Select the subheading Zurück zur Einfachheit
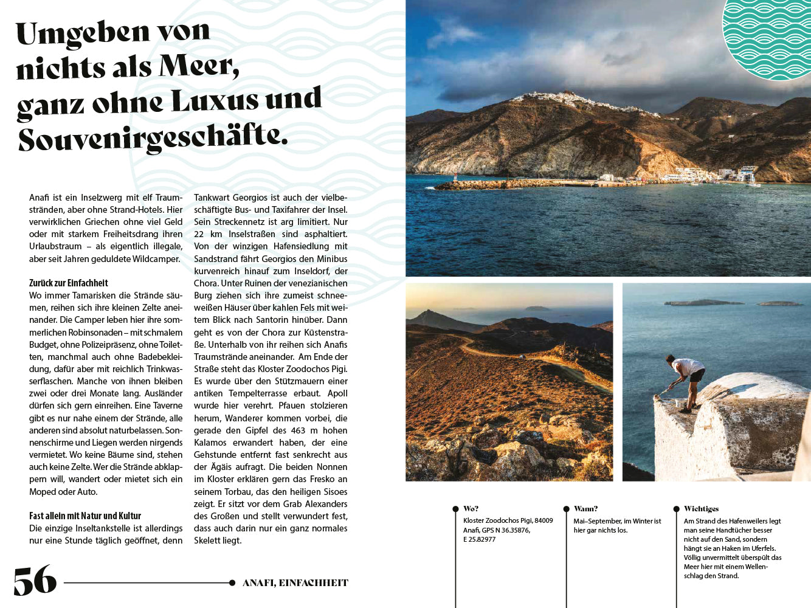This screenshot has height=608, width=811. (69, 283)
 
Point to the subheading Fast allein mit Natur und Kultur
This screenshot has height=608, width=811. (85, 516)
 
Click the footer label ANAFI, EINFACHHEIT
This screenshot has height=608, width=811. (295, 582)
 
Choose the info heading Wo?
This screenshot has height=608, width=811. (471, 509)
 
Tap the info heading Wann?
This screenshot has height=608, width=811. (585, 509)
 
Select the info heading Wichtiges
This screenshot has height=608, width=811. (701, 509)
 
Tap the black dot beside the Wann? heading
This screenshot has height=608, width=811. (565, 509)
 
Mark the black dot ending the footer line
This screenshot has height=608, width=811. (232, 583)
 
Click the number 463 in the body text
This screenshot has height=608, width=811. (298, 430)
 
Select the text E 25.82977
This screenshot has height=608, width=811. (479, 539)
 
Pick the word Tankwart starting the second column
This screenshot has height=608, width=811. (212, 198)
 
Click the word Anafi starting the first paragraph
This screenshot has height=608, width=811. (40, 198)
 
